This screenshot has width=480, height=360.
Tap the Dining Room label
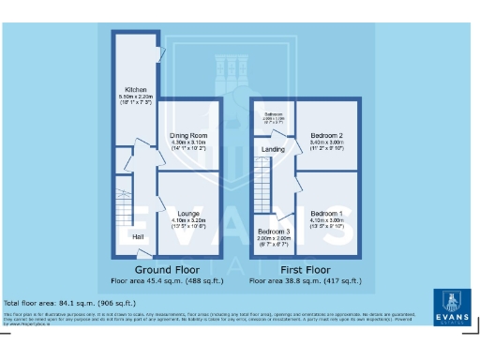coord(187,135)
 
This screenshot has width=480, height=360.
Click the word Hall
coord(138,236)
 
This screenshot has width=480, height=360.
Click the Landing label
coord(273,149)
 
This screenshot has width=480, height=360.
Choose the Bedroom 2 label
coord(327,135)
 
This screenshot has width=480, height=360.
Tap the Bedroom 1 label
coord(327,214)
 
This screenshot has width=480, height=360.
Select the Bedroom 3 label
coord(273,231)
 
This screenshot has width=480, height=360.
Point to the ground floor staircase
coord(125,208)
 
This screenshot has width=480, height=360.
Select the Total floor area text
coord(69,303)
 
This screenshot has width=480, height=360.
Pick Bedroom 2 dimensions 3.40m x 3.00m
coord(327,142)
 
